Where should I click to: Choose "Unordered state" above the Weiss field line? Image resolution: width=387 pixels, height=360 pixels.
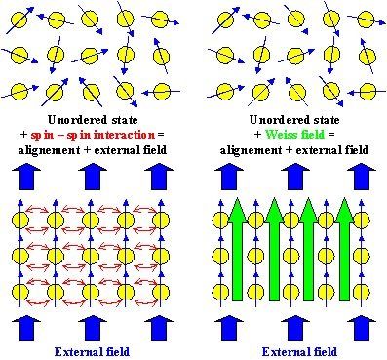point(290,120)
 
